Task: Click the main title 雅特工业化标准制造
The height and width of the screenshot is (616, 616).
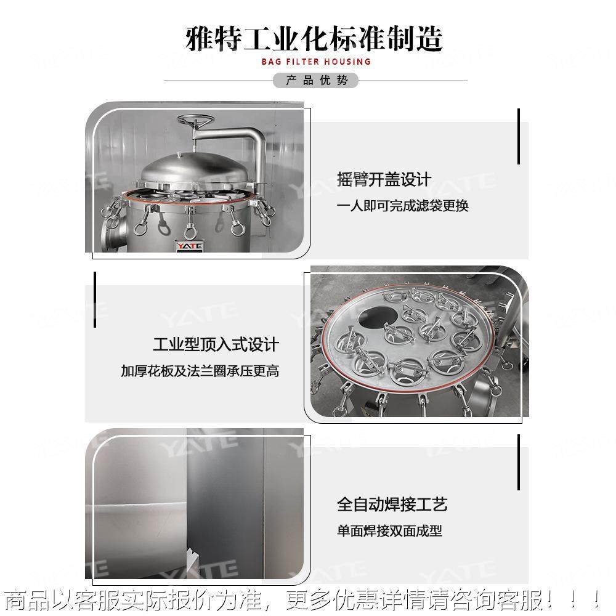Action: click(314, 39)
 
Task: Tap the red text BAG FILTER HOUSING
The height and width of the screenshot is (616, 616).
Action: click(315, 62)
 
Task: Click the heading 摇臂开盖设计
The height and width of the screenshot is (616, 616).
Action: click(384, 180)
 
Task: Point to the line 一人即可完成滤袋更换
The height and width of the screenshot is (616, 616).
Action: click(403, 206)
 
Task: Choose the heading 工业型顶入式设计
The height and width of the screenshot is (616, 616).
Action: click(216, 344)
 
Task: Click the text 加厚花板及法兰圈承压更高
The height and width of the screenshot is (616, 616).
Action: click(200, 371)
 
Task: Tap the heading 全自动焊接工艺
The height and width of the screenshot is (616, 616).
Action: click(392, 505)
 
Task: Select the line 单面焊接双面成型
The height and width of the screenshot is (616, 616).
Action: click(389, 531)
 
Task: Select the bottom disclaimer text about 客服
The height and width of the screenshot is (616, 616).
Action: click(302, 599)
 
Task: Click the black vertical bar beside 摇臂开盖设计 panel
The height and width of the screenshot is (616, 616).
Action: click(519, 137)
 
